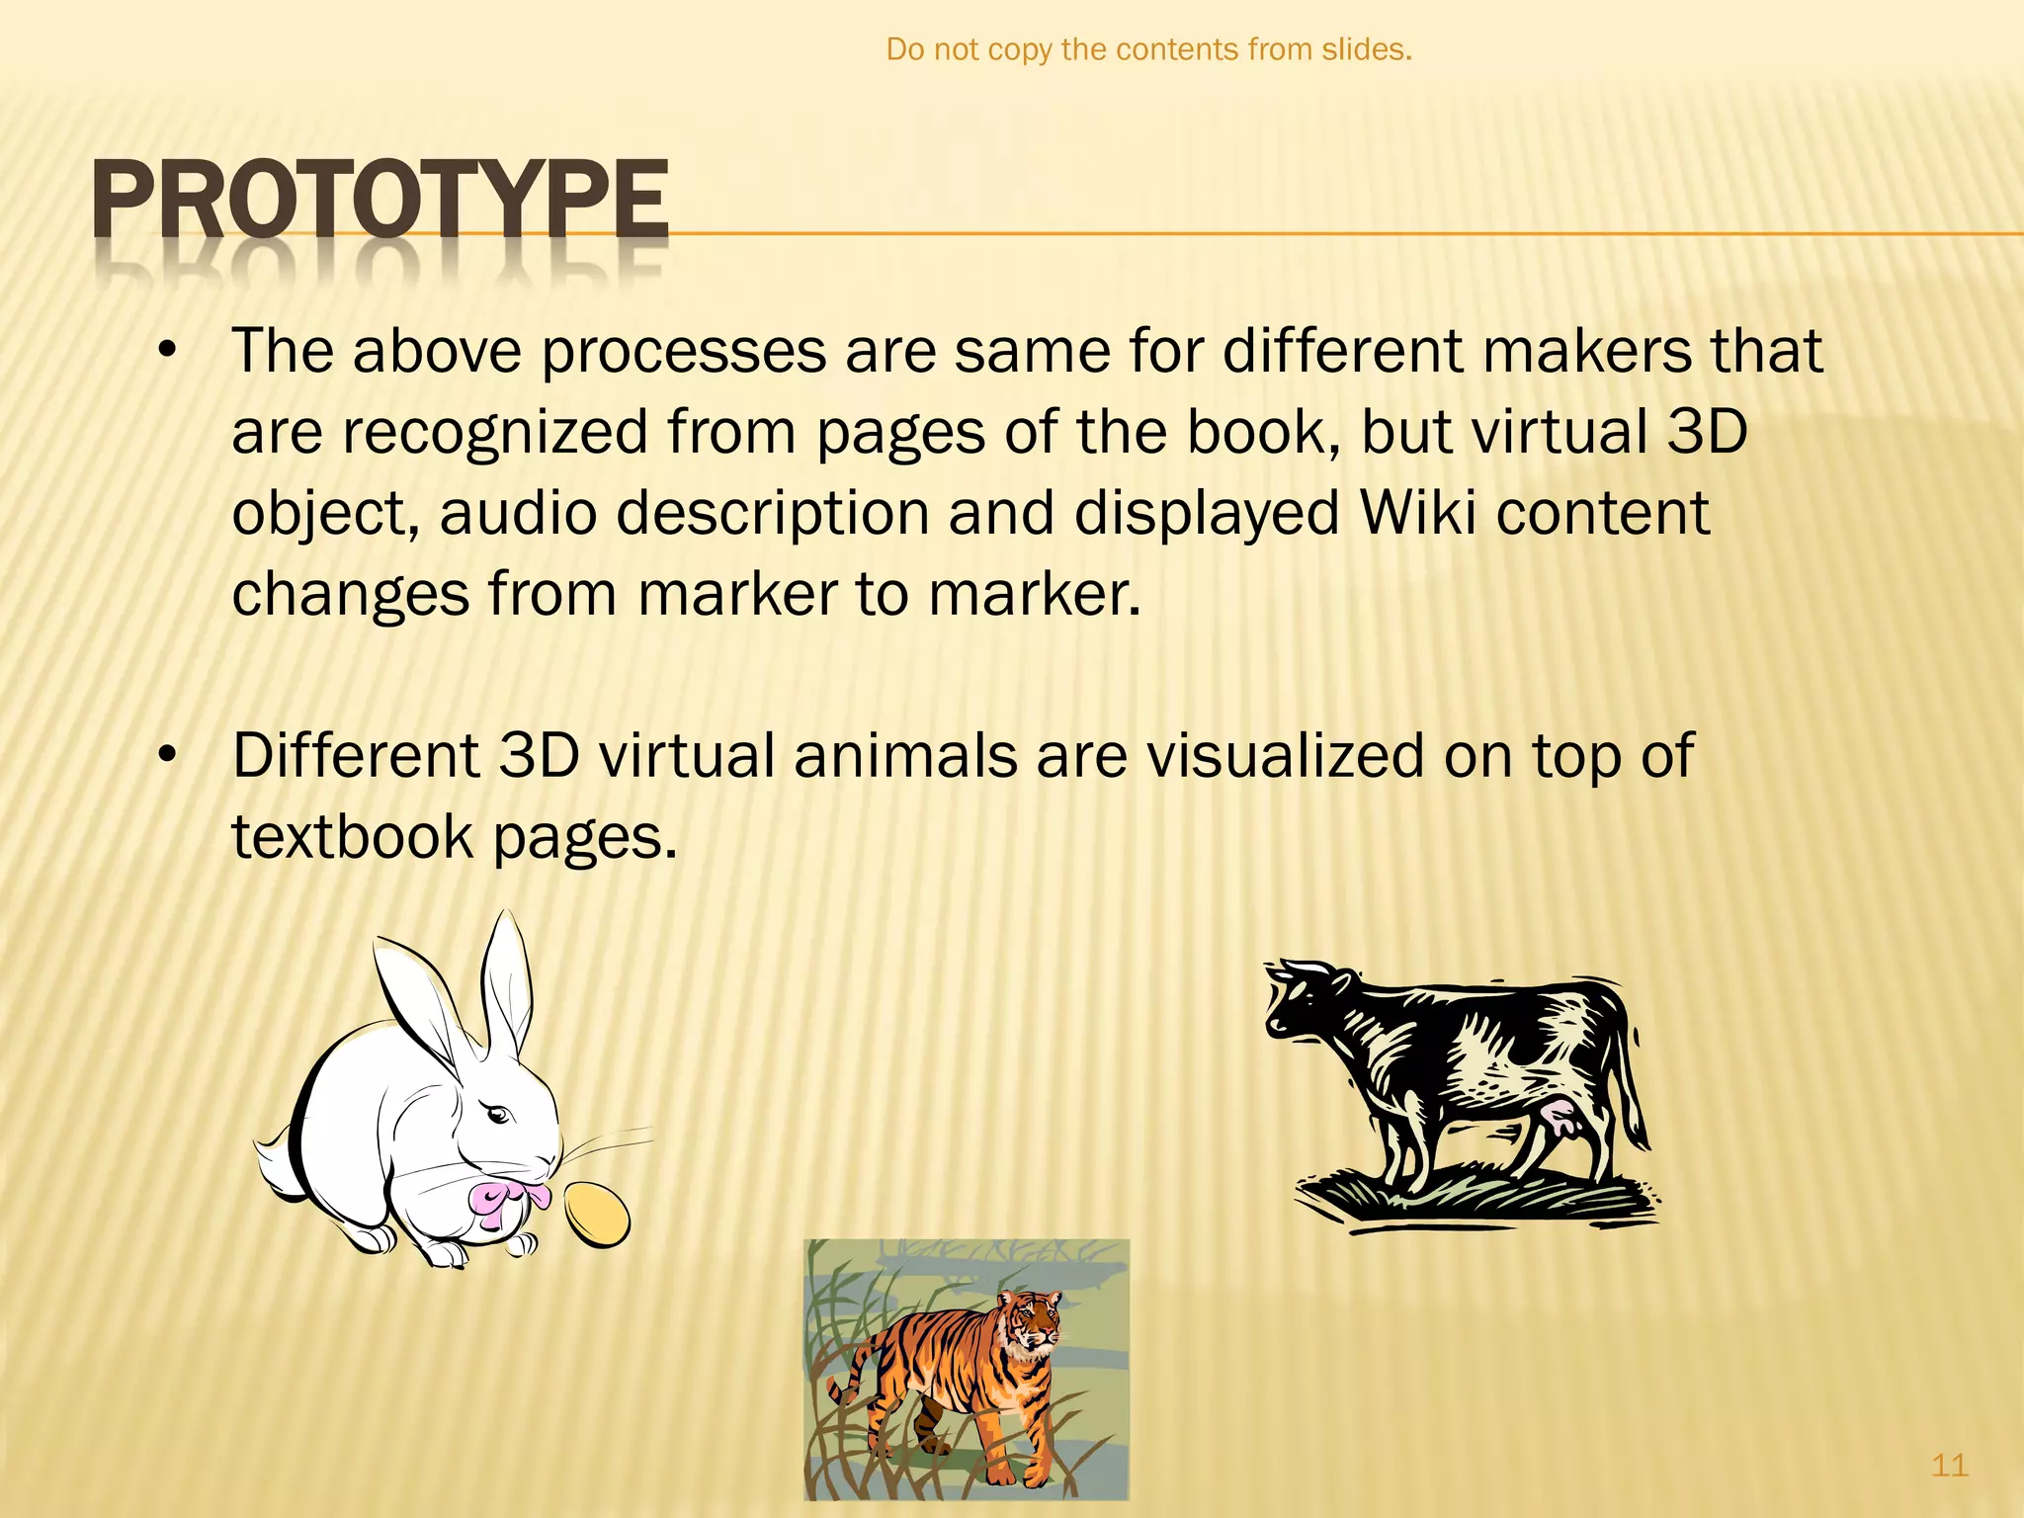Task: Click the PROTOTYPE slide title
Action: click(379, 202)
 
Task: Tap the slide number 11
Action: click(1949, 1465)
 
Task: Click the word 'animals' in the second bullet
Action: click(904, 756)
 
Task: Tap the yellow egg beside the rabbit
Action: click(597, 1214)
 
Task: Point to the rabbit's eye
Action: click(499, 1115)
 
